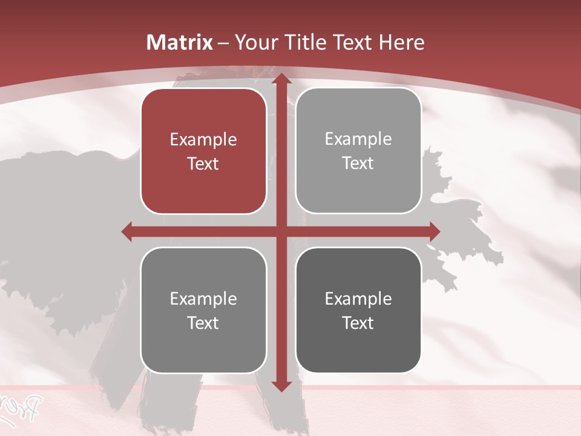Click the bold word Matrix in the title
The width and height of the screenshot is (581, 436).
180,42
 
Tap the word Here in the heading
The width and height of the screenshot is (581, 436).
401,42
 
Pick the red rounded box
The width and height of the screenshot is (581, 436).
203,151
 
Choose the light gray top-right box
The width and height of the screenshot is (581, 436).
358,151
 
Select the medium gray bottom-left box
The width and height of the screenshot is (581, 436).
203,310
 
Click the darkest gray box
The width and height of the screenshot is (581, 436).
358,310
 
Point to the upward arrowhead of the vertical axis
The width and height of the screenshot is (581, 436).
281,81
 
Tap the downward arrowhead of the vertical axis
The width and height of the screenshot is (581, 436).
281,385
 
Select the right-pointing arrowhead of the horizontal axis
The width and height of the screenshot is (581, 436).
433,231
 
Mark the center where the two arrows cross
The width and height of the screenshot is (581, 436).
281,231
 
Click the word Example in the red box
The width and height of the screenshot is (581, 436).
203,140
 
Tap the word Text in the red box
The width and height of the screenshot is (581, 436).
203,163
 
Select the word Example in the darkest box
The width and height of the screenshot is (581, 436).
358,299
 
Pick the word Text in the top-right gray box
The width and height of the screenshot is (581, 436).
358,163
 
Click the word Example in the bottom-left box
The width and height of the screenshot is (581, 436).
203,299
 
